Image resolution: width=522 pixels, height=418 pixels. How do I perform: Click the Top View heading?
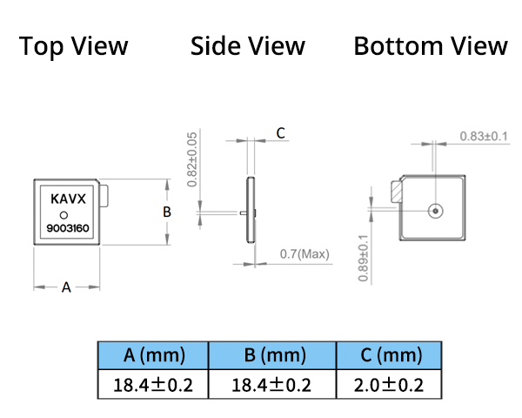74,46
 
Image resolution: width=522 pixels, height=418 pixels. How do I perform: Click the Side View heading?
248,46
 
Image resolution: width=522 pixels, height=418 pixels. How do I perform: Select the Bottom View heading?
431,46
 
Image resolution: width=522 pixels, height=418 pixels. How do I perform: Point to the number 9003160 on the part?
68,230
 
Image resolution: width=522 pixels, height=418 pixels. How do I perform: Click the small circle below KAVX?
64,215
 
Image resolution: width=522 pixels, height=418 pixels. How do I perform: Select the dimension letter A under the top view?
65,288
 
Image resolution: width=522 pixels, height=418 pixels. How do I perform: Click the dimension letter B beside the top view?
167,211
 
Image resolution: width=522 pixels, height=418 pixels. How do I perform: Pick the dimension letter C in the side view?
280,132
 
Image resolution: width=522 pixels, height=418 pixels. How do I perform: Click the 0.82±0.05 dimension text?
191,160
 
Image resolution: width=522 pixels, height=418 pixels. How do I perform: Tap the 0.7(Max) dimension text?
304,254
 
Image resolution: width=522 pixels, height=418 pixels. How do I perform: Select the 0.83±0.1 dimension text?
485,137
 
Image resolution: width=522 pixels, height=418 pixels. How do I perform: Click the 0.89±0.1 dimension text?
363,257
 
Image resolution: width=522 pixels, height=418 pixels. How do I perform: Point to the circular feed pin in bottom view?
434,210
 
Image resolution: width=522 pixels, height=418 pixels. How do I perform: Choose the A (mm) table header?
153,355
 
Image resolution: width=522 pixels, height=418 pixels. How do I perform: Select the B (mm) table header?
271,355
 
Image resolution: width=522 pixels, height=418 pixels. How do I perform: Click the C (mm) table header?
389,355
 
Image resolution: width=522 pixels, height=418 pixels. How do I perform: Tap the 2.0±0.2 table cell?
389,384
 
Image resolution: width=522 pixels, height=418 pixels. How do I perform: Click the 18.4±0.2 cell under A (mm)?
153,384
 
